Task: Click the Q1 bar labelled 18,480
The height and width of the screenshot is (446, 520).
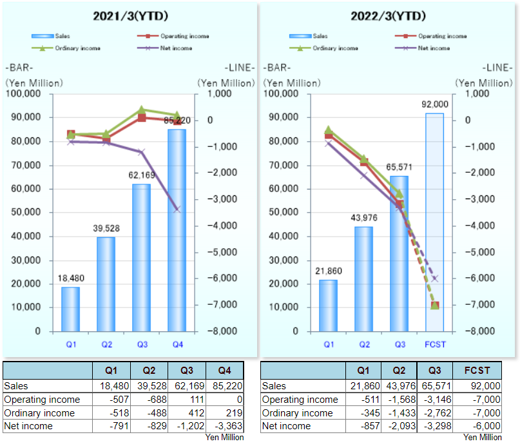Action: pyautogui.click(x=70, y=309)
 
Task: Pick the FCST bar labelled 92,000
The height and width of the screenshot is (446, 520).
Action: pyautogui.click(x=434, y=222)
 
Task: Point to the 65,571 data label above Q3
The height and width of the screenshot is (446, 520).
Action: pyautogui.click(x=400, y=168)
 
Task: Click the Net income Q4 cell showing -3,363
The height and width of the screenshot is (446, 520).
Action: pyautogui.click(x=226, y=426)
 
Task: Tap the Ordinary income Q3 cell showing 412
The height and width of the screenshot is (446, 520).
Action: pyautogui.click(x=188, y=412)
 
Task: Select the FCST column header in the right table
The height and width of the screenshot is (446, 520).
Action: pyautogui.click(x=477, y=371)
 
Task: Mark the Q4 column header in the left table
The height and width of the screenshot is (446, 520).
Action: pyautogui.click(x=226, y=371)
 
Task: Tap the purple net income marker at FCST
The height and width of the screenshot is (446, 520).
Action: pyautogui.click(x=435, y=278)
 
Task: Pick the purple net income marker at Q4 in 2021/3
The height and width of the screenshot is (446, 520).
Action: pyautogui.click(x=177, y=209)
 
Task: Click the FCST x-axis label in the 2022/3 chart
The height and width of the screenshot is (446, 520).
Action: pyautogui.click(x=436, y=345)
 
